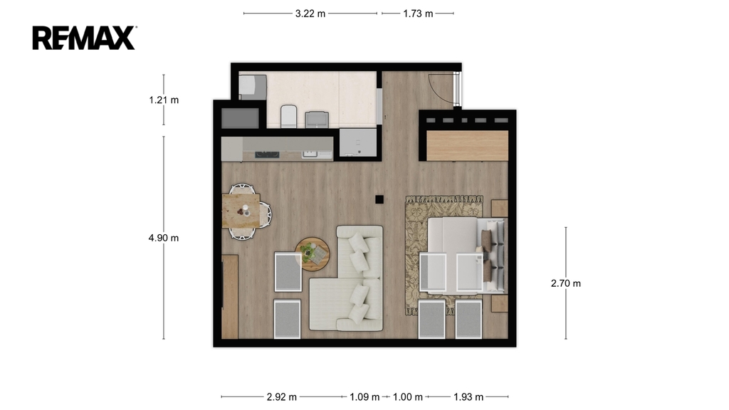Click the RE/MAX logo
[x=84, y=38]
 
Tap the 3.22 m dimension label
[x=310, y=14]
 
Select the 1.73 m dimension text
[x=418, y=14]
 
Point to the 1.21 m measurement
[x=164, y=100]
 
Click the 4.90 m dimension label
[x=164, y=238]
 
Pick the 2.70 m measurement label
[x=566, y=283]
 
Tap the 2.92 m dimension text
[x=282, y=397]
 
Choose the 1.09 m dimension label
[x=364, y=397]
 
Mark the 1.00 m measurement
[x=408, y=397]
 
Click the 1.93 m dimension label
[x=468, y=397]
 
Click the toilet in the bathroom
[x=289, y=116]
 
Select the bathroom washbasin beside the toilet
[x=317, y=120]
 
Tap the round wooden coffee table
[x=313, y=254]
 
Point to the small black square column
[x=379, y=199]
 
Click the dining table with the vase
[x=241, y=211]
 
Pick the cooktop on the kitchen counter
[x=268, y=154]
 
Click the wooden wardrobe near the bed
[x=467, y=145]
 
